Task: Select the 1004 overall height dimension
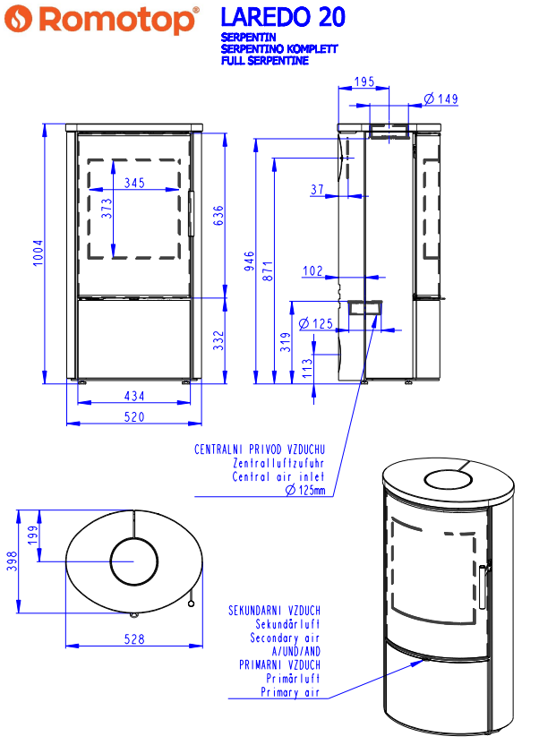[x=37, y=253]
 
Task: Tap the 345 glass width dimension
[x=134, y=183]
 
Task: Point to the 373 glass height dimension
[x=107, y=209]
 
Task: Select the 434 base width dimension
[x=134, y=396]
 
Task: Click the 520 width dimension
[x=134, y=417]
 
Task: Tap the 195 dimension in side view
[x=364, y=82]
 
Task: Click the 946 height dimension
[x=251, y=261]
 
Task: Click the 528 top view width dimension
[x=133, y=639]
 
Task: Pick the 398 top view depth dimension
[x=11, y=561]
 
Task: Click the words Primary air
[x=290, y=692]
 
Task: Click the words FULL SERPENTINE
[x=265, y=62]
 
